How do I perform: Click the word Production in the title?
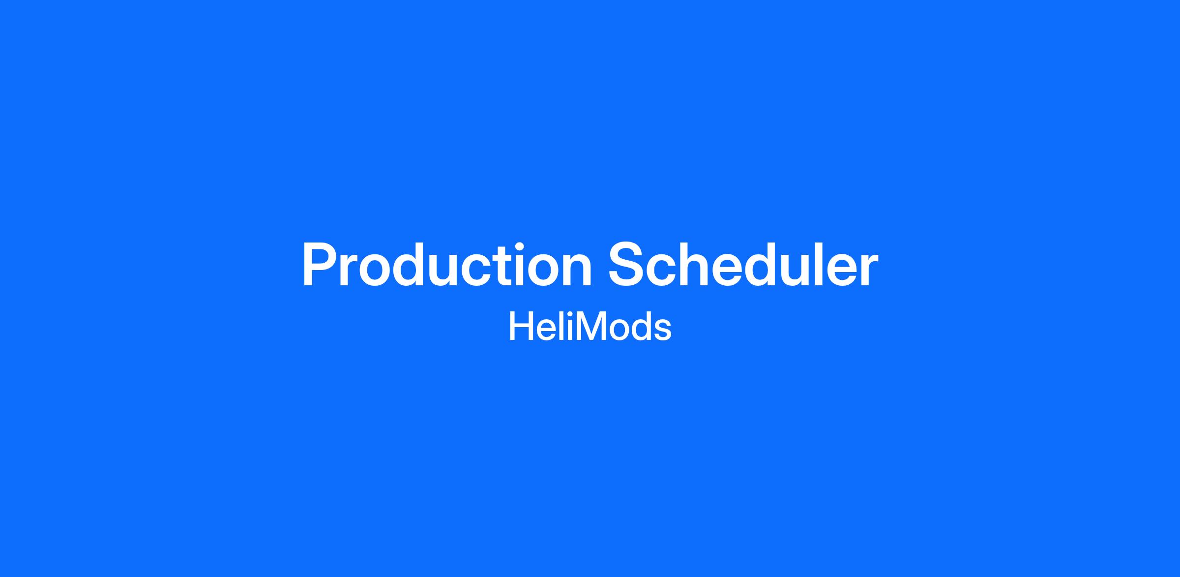(447, 264)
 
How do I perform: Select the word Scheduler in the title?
(743, 264)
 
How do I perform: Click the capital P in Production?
(321, 264)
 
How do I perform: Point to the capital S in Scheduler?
(627, 264)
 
